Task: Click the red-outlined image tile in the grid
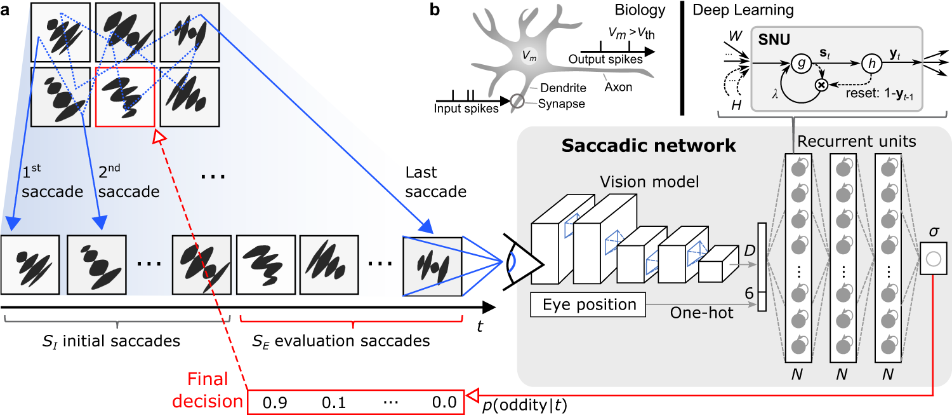pos(124,97)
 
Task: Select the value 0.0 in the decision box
pos(442,402)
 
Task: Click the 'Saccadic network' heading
pos(649,146)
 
